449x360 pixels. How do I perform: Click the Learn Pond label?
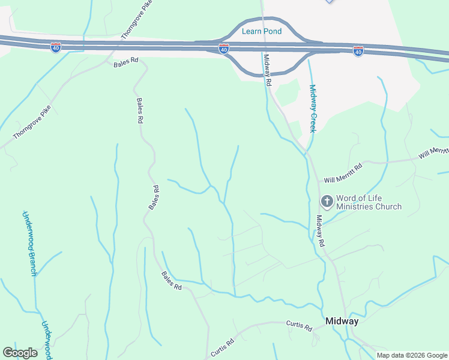pos(261,31)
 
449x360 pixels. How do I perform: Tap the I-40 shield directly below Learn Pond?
pos(223,48)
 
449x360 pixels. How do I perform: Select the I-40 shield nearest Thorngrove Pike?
pos(55,46)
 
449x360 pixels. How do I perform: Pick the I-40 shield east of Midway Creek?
pos(358,51)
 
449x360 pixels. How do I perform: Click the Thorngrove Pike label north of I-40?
pos(137,20)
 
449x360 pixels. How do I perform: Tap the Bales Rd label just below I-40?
pos(126,61)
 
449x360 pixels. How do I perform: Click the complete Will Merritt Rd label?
pos(343,172)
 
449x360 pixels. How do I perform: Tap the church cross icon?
pos(327,201)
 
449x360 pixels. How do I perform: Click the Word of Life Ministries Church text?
pos(369,202)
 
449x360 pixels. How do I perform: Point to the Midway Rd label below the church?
pos(321,231)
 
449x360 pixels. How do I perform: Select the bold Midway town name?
pos(342,321)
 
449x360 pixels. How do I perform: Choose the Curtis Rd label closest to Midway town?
pos(299,326)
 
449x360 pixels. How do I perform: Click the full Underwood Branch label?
pos(29,243)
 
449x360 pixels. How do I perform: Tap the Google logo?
pos(20,353)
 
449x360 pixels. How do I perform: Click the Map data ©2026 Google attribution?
pos(412,355)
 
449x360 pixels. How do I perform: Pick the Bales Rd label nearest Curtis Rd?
pos(171,280)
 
